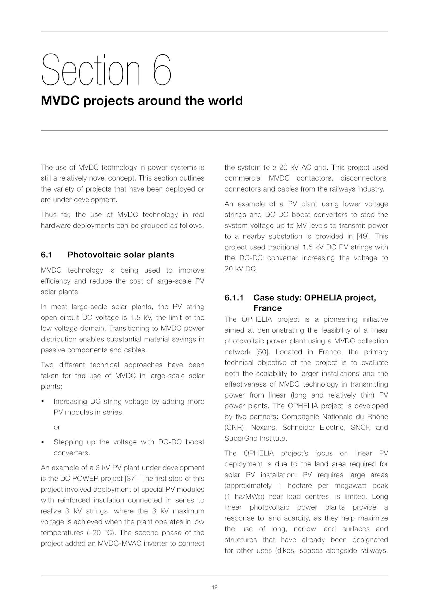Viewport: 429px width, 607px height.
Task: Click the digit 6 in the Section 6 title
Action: (x=162, y=70)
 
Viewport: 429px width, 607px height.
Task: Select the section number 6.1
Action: (x=46, y=255)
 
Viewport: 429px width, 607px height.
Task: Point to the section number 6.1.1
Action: (x=234, y=298)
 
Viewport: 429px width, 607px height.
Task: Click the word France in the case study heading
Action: (x=267, y=308)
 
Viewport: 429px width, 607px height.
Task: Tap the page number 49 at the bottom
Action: (x=214, y=587)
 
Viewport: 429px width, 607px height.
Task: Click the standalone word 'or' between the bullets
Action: (x=57, y=427)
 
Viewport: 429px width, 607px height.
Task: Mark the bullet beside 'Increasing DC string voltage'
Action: (x=43, y=402)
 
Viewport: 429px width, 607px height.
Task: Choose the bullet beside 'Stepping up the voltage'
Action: (x=43, y=442)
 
